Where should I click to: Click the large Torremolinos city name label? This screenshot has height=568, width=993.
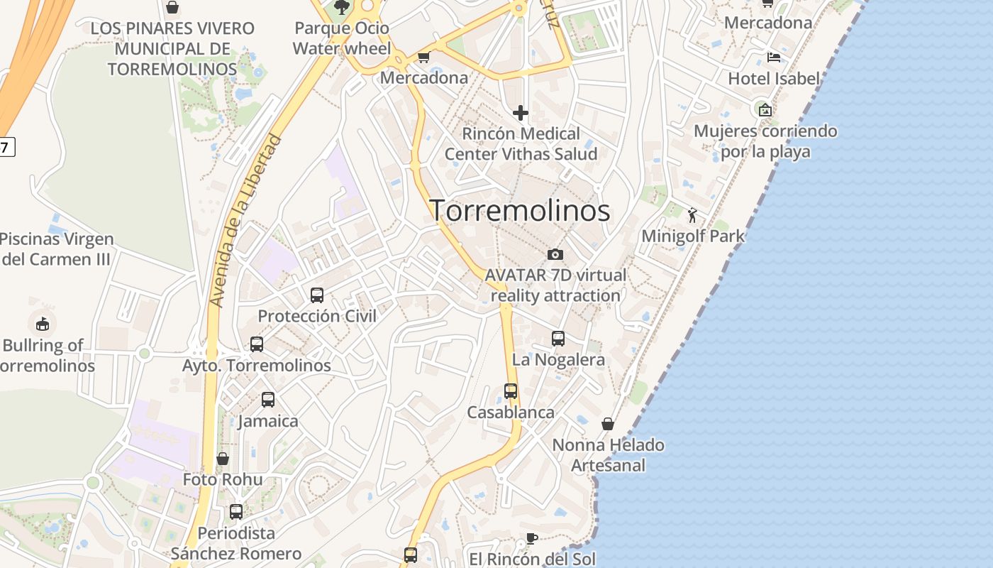pyautogui.click(x=520, y=211)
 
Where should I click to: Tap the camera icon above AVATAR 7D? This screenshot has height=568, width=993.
pyautogui.click(x=555, y=254)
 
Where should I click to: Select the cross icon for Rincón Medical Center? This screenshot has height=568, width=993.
pyautogui.click(x=521, y=113)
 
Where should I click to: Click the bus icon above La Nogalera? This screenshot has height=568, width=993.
pyautogui.click(x=558, y=339)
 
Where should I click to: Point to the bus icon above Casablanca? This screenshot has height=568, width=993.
pyautogui.click(x=511, y=391)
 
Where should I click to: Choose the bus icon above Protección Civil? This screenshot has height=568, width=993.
pyautogui.click(x=317, y=295)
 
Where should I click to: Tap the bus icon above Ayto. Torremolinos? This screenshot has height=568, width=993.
pyautogui.click(x=257, y=344)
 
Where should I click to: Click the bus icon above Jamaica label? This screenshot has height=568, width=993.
pyautogui.click(x=267, y=400)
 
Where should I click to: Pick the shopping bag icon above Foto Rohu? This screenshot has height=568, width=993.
pyautogui.click(x=223, y=459)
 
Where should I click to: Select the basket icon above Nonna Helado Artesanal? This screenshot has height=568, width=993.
pyautogui.click(x=608, y=424)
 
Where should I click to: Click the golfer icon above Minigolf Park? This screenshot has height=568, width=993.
pyautogui.click(x=692, y=215)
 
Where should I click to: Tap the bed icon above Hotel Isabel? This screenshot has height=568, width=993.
pyautogui.click(x=774, y=58)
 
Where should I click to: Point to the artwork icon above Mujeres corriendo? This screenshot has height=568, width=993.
pyautogui.click(x=765, y=110)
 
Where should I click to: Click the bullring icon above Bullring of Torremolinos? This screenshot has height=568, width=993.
pyautogui.click(x=43, y=324)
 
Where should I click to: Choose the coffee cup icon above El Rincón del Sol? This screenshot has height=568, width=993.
pyautogui.click(x=531, y=538)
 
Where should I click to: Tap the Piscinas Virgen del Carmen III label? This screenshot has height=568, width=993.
pyautogui.click(x=56, y=249)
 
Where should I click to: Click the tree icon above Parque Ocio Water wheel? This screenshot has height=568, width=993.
pyautogui.click(x=342, y=8)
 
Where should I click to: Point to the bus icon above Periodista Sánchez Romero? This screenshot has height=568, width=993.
pyautogui.click(x=236, y=511)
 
